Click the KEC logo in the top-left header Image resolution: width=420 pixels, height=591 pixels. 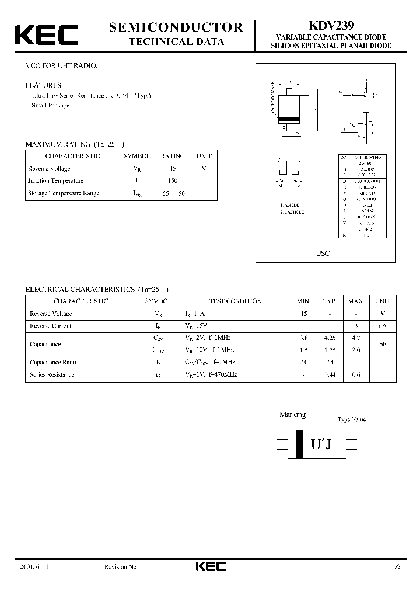46,35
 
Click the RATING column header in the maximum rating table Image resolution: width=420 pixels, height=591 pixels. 173,156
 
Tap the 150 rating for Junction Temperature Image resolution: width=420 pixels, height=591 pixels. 173,181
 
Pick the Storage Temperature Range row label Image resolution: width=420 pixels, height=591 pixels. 64,193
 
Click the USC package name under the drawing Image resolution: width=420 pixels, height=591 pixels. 323,253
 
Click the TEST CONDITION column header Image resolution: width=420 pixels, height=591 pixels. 235,301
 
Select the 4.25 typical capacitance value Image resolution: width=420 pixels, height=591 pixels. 330,338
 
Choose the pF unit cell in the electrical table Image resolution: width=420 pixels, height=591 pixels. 383,344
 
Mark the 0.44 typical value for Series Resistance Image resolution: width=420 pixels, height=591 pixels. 330,374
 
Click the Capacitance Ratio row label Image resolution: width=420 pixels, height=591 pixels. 53,362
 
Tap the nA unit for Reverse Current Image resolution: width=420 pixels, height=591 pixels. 383,326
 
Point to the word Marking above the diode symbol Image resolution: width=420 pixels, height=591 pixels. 292,415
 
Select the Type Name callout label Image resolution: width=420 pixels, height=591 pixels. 352,420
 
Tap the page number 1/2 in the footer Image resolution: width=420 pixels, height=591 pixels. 397,567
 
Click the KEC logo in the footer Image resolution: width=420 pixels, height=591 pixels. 210,566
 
